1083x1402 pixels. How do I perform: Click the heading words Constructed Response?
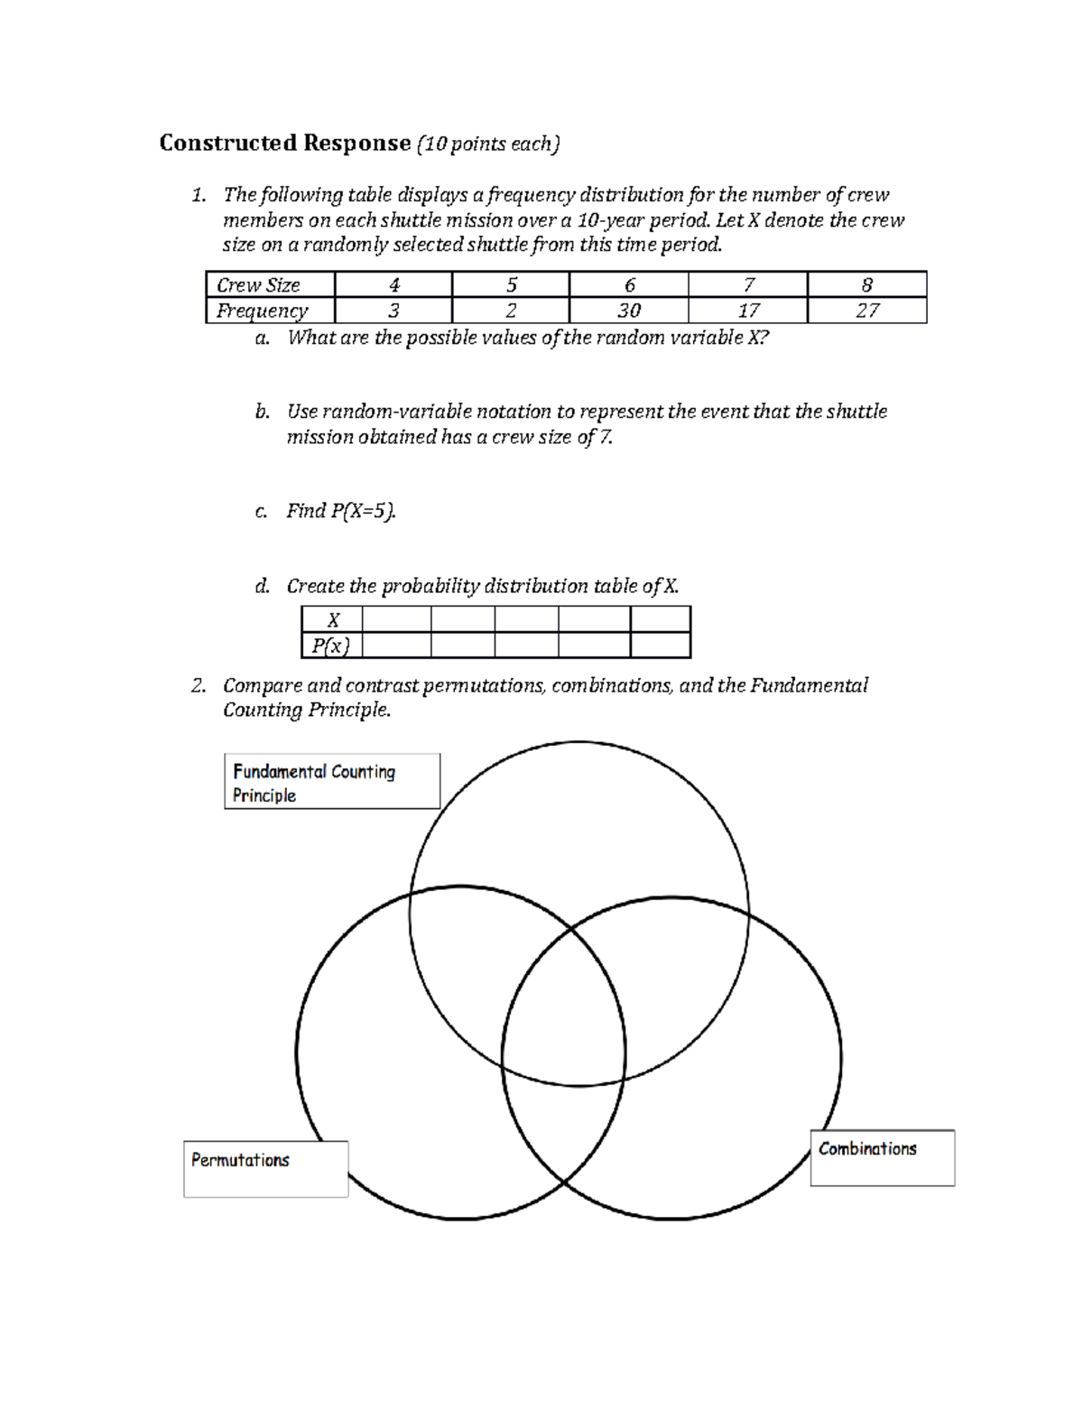click(284, 144)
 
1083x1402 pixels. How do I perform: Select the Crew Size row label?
click(258, 285)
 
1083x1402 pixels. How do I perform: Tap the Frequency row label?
click(262, 311)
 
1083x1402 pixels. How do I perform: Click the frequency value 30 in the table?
click(628, 311)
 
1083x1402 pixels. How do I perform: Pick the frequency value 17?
click(748, 311)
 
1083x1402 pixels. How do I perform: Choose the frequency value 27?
click(867, 311)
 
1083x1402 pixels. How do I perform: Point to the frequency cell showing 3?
click(393, 311)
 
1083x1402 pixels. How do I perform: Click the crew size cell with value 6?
click(629, 285)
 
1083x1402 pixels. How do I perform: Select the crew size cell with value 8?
click(867, 285)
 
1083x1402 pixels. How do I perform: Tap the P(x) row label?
click(330, 645)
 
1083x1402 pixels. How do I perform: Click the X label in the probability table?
click(333, 620)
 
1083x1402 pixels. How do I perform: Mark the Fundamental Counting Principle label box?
click(331, 782)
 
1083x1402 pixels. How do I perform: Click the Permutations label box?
click(265, 1169)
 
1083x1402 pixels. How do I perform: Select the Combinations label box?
click(882, 1157)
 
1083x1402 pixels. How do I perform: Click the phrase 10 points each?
click(488, 144)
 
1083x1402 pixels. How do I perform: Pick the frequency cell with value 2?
click(511, 311)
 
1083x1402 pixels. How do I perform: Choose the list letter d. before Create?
click(262, 587)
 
